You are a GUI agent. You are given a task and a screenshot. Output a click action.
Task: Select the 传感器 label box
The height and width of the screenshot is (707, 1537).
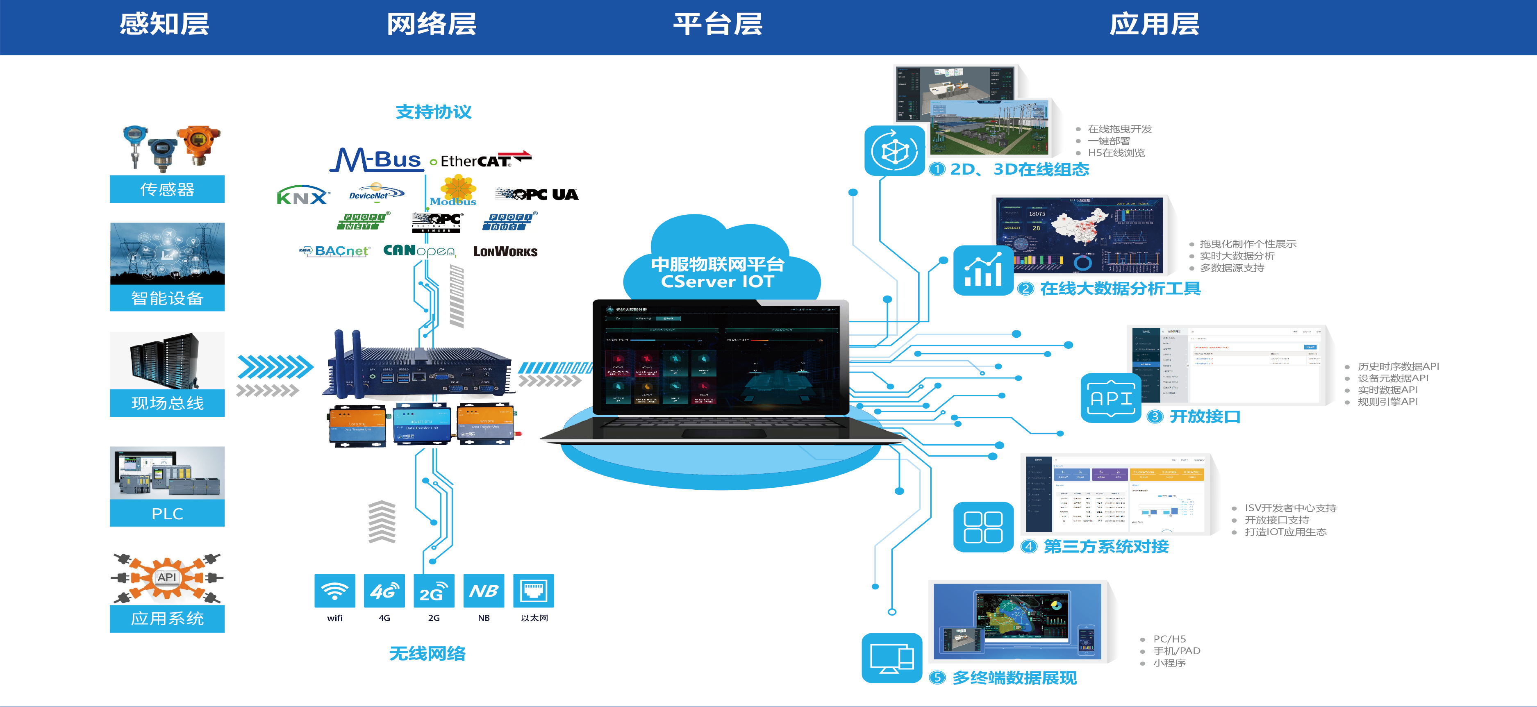[x=167, y=189]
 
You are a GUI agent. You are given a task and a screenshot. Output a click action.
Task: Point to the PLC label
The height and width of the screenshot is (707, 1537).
[x=167, y=514]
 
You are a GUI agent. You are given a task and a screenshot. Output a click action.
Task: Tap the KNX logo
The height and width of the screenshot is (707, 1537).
[x=302, y=195]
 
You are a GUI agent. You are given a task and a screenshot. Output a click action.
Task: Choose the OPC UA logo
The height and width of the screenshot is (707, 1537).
[x=537, y=194]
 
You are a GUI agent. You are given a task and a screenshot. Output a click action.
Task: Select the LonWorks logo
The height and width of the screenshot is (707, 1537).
[x=505, y=252]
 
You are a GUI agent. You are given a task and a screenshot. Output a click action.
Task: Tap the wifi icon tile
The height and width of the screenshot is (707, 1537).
[x=335, y=591]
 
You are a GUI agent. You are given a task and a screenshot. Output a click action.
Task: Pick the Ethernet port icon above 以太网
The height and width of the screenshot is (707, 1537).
[x=533, y=591]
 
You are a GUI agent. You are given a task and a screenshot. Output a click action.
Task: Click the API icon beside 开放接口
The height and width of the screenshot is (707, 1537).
[x=1110, y=398]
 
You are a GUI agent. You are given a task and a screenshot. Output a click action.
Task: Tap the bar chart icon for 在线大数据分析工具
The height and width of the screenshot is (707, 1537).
[x=983, y=271]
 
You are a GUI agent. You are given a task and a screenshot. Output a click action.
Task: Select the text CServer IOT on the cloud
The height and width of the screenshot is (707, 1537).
[x=717, y=282]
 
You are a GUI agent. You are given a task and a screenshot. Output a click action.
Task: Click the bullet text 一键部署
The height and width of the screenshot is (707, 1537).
[x=1109, y=141]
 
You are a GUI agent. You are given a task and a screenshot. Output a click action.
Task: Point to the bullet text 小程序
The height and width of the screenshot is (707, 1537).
[x=1169, y=663]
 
